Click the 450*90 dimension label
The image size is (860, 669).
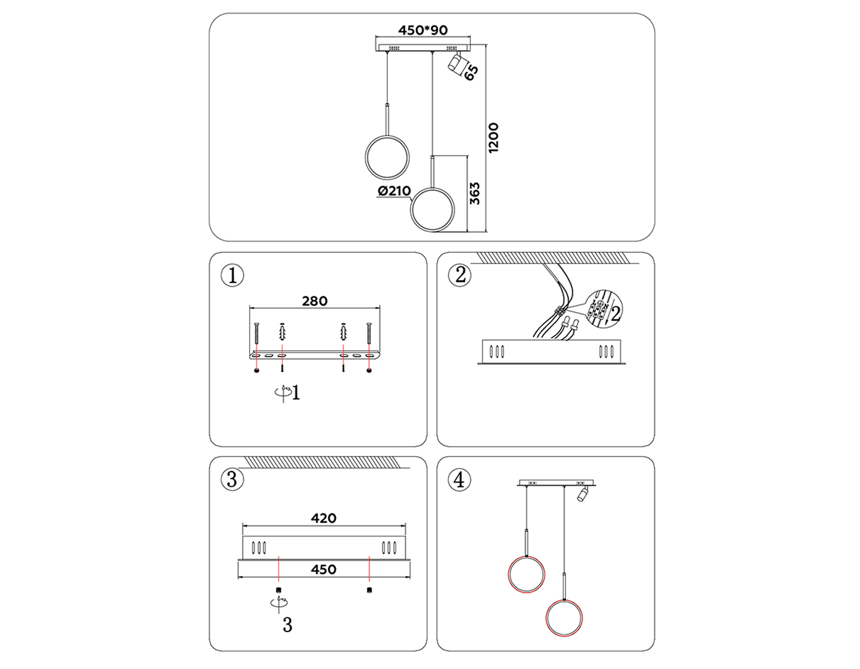coord(423,30)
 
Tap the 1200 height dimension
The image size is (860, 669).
coord(494,138)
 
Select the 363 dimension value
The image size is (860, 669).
coord(474,193)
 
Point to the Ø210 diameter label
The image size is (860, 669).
coord(394,191)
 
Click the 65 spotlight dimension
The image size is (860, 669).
coord(471,72)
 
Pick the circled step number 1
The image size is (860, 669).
coord(233,276)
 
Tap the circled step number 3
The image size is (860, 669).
coord(233,479)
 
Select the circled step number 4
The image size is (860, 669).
coord(460,479)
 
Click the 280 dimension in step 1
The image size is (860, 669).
coord(314,301)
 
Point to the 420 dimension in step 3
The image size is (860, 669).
coord(323,518)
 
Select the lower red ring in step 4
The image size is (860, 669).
coord(564,618)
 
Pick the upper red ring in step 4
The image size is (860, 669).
coord(526,574)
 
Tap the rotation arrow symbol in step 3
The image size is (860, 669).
coord(279,603)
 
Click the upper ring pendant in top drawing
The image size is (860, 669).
coord(387,157)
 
